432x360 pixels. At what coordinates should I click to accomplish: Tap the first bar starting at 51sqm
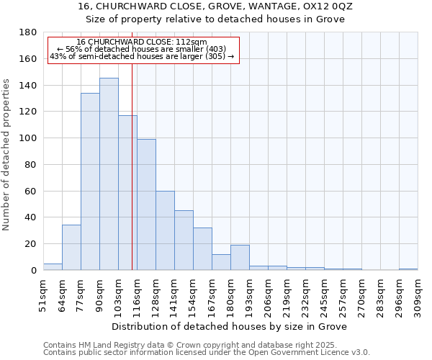click(53, 266)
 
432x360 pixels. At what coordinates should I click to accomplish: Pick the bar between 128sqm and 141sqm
click(165, 230)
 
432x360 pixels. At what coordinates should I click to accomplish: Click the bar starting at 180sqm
click(240, 257)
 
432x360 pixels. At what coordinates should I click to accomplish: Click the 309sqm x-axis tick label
click(418, 295)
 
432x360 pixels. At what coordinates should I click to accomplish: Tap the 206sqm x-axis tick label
click(268, 295)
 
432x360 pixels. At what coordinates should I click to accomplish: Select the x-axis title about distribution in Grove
click(230, 326)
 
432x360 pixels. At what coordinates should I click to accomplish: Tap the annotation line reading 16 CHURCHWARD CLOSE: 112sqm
click(141, 42)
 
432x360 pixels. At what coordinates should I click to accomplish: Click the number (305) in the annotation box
click(213, 56)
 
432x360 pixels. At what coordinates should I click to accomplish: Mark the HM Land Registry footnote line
click(190, 345)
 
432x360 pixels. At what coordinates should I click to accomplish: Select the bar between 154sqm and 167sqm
click(202, 248)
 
